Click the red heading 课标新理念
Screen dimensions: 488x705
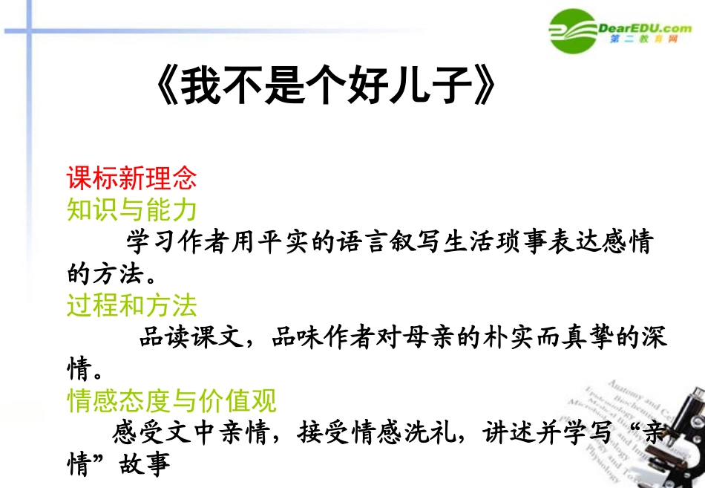[131, 178]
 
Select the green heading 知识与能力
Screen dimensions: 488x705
[131, 210]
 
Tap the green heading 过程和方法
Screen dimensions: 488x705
[131, 305]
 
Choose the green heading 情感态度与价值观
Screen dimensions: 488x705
[171, 401]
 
